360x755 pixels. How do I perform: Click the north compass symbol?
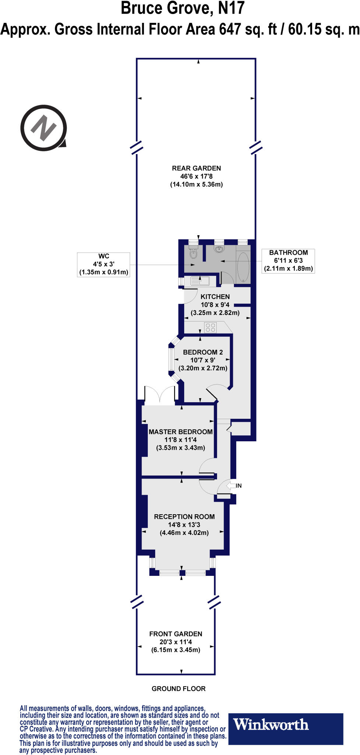44,128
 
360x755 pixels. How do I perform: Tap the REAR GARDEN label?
196,168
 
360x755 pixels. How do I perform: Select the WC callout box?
104,264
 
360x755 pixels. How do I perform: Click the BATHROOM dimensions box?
288,260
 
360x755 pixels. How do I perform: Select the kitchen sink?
199,282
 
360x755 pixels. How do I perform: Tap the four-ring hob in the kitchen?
210,327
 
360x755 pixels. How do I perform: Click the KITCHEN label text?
215,297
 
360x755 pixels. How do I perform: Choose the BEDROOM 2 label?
203,352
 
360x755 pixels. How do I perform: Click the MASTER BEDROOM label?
181,432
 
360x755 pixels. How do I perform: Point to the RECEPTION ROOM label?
184,516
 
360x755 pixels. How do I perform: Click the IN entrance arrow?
231,486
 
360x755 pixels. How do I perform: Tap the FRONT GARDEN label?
176,634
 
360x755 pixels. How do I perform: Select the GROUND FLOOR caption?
179,688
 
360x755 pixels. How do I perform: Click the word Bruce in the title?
142,8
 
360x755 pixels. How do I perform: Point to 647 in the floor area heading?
230,29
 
